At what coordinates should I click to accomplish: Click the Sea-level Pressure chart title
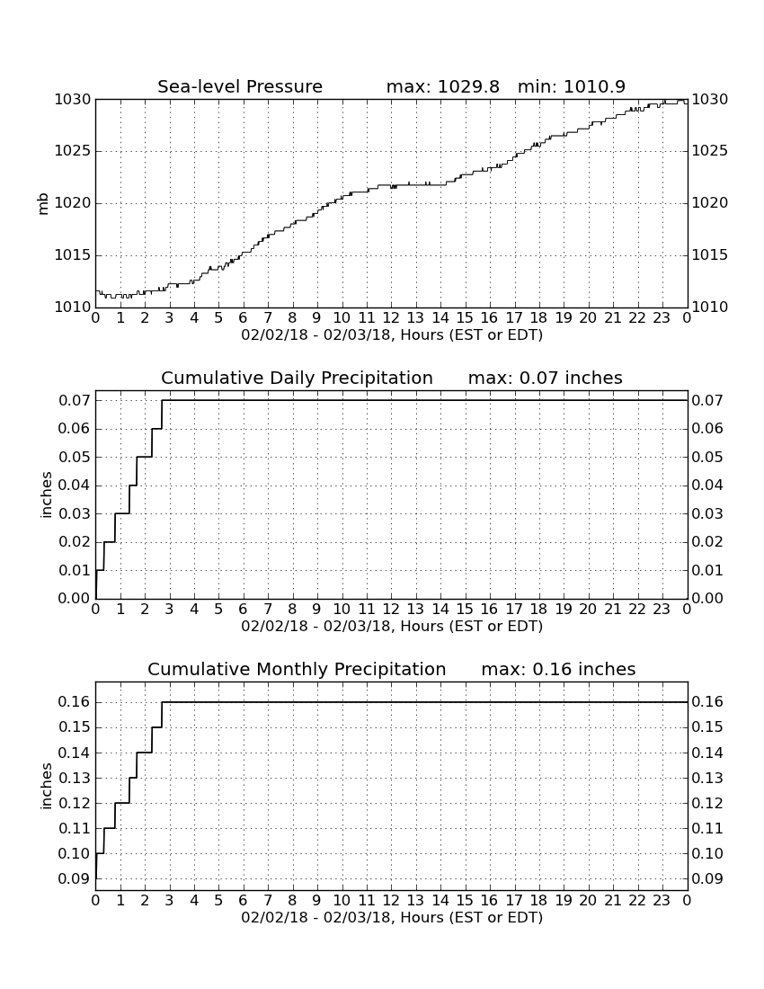click(x=240, y=86)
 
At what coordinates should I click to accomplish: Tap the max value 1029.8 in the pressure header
click(x=468, y=86)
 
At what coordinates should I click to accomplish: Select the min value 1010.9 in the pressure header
click(x=594, y=86)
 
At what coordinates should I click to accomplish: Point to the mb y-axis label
click(x=43, y=204)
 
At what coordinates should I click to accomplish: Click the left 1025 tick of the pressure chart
click(x=73, y=151)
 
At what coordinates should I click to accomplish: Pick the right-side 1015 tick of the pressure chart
click(x=710, y=255)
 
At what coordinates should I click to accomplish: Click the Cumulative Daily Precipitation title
click(x=297, y=379)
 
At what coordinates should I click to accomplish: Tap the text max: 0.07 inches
click(x=546, y=379)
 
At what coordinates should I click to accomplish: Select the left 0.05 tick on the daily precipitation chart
click(x=75, y=458)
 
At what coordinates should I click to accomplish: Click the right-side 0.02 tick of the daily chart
click(x=708, y=542)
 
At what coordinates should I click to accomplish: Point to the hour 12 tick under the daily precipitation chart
click(x=391, y=610)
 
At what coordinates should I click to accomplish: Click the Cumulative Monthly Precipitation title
click(x=297, y=669)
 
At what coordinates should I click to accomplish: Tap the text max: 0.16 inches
click(x=558, y=669)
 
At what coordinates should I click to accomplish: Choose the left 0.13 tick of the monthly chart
click(x=75, y=779)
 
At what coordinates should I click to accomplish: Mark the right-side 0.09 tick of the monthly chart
click(x=708, y=878)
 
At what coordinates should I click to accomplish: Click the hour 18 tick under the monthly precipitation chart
click(x=539, y=900)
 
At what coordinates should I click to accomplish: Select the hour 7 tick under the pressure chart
click(x=268, y=317)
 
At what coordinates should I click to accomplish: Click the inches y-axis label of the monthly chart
click(x=46, y=786)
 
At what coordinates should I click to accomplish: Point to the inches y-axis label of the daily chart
click(x=46, y=495)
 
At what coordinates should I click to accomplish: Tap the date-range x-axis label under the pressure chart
click(x=392, y=335)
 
